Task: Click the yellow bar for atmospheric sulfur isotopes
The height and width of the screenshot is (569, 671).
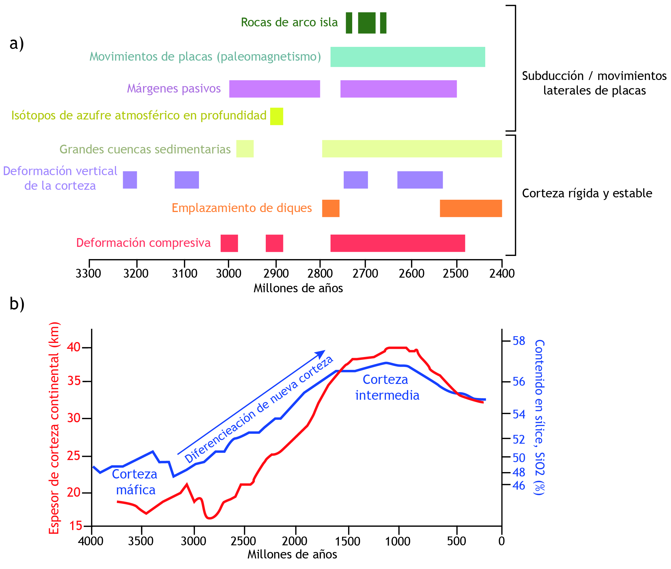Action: [277, 116]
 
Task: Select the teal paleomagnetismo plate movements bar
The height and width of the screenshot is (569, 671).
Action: [407, 57]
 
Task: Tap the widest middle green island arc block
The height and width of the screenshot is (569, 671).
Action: [367, 23]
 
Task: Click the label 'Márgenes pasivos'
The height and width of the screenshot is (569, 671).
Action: [174, 88]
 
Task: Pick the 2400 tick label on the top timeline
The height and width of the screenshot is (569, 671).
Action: [502, 274]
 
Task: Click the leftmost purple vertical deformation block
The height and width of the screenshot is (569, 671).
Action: [130, 180]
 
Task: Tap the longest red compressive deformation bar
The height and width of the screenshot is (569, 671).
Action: [397, 243]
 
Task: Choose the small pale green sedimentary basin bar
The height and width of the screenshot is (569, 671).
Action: [245, 149]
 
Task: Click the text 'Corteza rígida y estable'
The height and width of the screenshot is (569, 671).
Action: [587, 193]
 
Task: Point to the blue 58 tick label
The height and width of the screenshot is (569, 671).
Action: [519, 341]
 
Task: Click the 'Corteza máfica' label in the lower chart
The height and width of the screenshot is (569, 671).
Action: [135, 482]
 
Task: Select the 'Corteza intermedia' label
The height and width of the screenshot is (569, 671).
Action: [387, 387]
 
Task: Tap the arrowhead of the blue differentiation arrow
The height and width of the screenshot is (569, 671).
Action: [321, 353]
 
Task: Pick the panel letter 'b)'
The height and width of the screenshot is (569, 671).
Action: [17, 304]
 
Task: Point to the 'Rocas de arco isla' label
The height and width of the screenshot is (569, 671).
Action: [289, 23]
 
